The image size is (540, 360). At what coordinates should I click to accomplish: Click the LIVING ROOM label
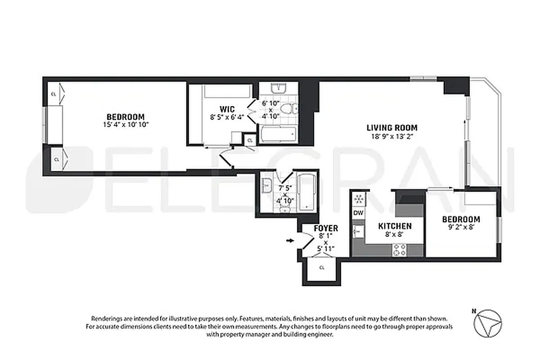tap(391, 127)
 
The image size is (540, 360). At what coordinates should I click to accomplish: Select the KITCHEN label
tap(394, 226)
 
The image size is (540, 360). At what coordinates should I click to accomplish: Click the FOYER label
tap(326, 229)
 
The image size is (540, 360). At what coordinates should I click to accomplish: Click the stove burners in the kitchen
tap(400, 250)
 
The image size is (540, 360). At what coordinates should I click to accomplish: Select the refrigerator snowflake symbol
tap(359, 198)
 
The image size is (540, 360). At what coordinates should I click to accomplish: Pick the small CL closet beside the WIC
tap(250, 140)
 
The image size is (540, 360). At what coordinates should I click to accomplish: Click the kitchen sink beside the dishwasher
tap(358, 231)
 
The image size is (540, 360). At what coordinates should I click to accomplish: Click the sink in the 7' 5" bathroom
tap(266, 184)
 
